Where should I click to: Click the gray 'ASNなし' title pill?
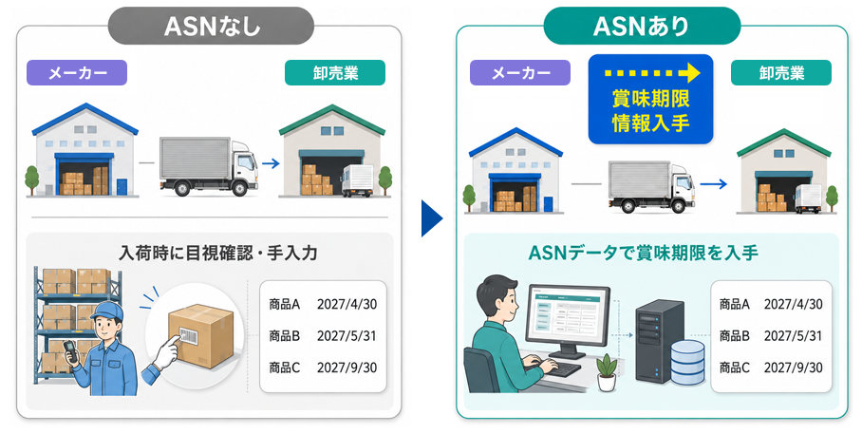pos(211,26)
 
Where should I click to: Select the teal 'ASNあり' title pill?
pos(642,26)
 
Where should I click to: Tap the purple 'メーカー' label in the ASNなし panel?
pos(77,72)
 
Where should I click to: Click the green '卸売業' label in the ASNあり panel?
pos(781,72)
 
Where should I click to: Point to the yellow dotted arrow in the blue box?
pos(651,72)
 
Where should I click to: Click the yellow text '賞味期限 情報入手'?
pos(651,111)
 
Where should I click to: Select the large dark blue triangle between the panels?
pos(432,218)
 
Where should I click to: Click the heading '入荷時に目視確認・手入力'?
pos(217,253)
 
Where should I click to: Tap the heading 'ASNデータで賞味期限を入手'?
pos(644,253)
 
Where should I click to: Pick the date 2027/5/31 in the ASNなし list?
pos(347,335)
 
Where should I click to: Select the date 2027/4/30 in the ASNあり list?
pos(794,304)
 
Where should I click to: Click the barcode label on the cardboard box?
pos(186,335)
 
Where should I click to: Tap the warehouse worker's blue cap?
pos(106,311)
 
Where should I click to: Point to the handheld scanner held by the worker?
pos(69,351)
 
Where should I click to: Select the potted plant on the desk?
pos(607,372)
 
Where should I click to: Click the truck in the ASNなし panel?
pos(208,166)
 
